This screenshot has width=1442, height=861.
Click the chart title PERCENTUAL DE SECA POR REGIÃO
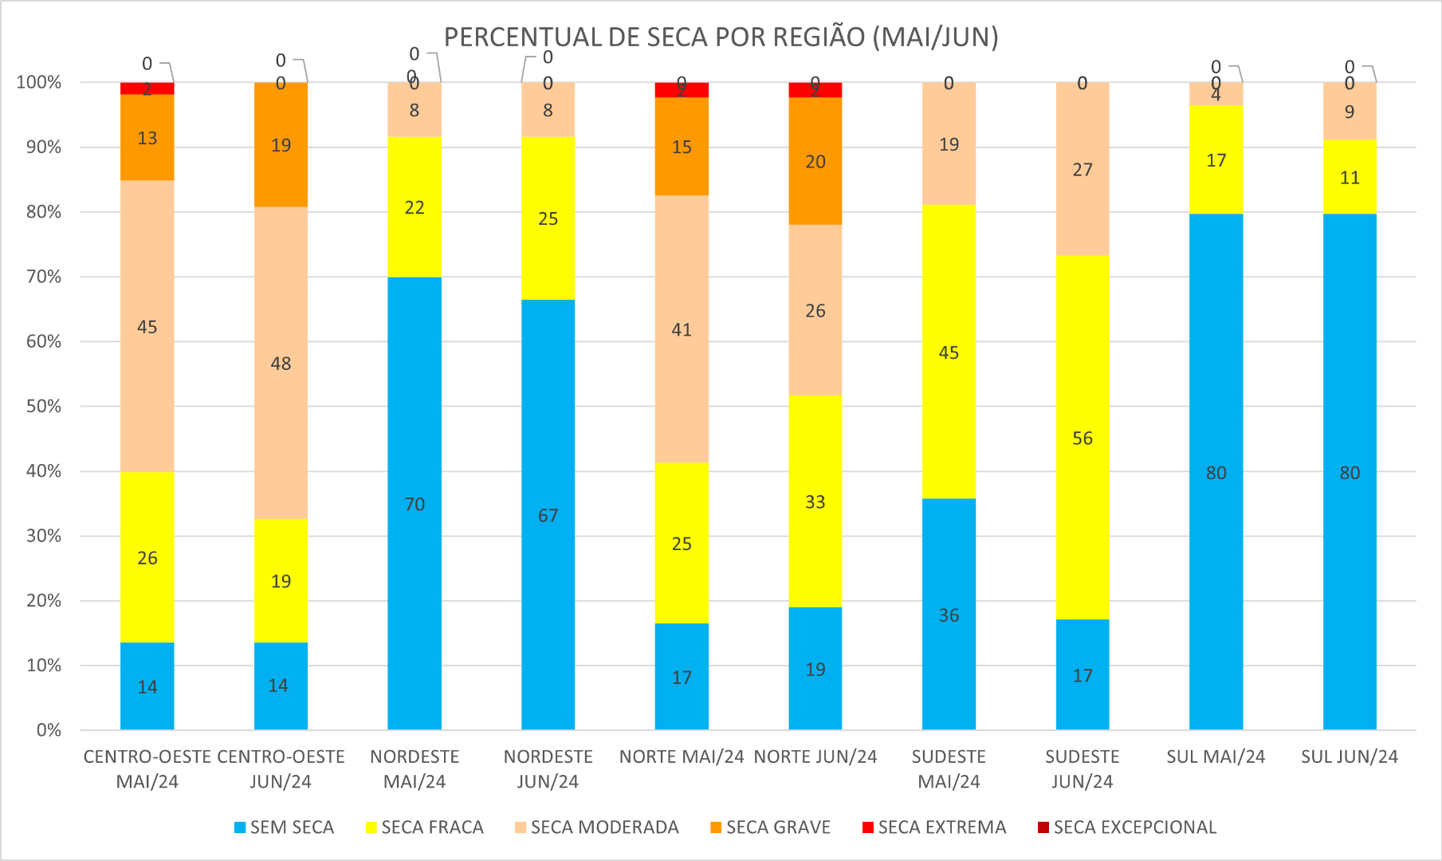click(721, 37)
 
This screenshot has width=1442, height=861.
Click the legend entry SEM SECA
click(284, 828)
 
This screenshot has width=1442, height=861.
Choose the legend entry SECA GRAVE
click(770, 828)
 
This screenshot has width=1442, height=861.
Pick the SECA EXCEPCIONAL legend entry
click(1126, 828)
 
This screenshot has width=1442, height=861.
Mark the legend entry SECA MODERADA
click(596, 828)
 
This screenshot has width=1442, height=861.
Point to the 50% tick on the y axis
click(39, 407)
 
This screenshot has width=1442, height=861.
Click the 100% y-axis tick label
click(38, 82)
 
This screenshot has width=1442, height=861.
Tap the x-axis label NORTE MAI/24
click(682, 757)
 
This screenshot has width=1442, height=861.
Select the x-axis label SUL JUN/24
click(1350, 757)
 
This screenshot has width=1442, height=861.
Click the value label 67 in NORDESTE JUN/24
click(548, 516)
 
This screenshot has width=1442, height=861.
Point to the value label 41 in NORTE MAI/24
click(682, 330)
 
